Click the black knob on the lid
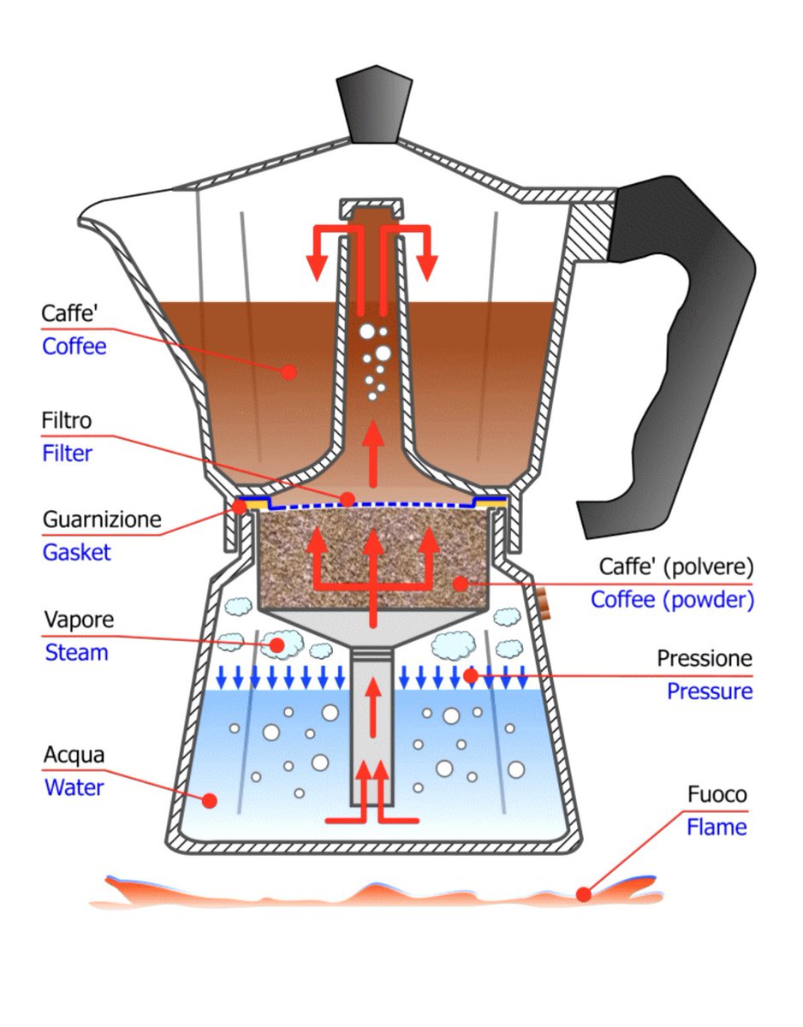(375, 107)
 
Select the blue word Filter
(67, 454)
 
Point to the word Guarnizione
(101, 519)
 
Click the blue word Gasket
(76, 552)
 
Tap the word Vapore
(78, 620)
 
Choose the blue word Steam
(76, 653)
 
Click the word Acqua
(74, 756)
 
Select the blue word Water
(74, 787)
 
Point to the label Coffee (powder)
(672, 600)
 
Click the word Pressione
(705, 659)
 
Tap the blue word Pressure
(710, 692)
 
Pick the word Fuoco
(717, 795)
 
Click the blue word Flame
(716, 828)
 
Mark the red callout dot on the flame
(584, 894)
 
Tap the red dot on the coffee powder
(461, 584)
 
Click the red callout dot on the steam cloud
(277, 644)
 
